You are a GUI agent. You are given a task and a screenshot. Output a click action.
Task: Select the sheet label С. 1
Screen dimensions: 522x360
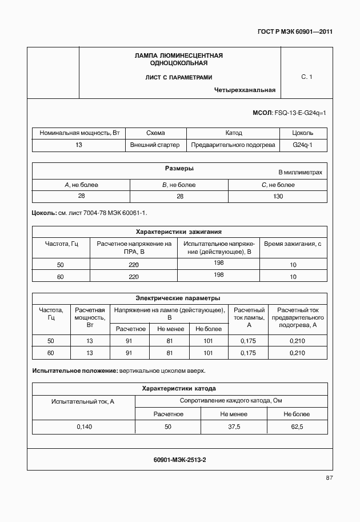[306, 77]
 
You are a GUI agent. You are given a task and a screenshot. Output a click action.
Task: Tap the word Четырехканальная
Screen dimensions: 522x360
[245, 90]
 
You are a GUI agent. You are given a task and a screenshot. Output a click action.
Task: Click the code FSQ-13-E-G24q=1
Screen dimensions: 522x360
[300, 113]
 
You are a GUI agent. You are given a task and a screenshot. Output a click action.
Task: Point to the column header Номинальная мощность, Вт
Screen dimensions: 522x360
[79, 133]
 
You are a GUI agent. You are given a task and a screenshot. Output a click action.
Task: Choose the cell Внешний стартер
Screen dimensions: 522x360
[155, 145]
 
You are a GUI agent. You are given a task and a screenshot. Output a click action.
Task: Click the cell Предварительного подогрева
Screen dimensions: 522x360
[233, 145]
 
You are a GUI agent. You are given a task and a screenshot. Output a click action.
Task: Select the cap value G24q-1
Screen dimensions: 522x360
[302, 145]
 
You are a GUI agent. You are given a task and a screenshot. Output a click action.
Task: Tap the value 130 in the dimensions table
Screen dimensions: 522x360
[278, 196]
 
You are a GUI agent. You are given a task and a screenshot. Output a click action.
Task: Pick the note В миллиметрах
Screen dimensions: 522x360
[300, 172]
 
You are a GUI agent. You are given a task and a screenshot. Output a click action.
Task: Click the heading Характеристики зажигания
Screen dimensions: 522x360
[179, 232]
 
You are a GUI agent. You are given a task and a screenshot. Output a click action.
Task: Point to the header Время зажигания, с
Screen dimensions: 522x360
[293, 244]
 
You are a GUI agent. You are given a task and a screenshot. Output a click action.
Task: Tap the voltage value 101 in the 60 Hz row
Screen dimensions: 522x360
[208, 353]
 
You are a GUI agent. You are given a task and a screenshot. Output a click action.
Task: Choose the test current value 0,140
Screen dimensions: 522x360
[84, 427]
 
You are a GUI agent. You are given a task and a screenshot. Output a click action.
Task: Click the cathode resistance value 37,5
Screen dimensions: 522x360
[233, 427]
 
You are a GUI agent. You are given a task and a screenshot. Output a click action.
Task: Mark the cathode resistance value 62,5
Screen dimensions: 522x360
[297, 427]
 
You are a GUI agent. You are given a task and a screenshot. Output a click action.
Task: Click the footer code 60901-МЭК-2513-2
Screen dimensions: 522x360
[179, 460]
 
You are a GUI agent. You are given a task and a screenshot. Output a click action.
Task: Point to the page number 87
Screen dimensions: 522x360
[329, 477]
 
